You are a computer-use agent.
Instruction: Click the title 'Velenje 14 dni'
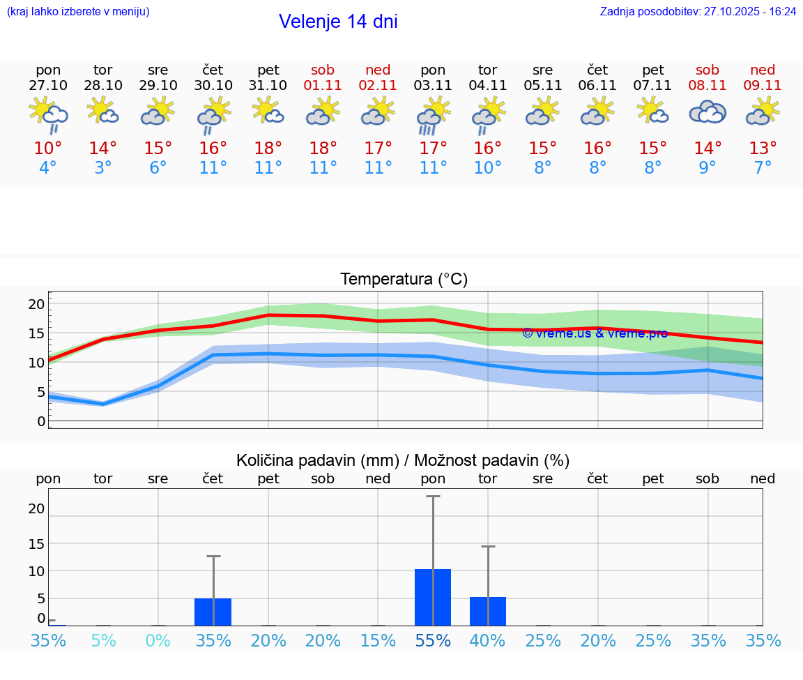click(338, 22)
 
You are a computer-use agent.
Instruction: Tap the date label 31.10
click(268, 85)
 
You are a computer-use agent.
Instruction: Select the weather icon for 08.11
click(708, 112)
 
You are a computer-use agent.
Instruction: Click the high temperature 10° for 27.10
click(48, 148)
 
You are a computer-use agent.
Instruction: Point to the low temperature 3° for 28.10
click(103, 167)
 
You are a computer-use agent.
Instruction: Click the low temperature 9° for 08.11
click(708, 167)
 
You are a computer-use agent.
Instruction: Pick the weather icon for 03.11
click(433, 114)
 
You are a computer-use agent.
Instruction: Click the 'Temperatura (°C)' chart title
click(404, 279)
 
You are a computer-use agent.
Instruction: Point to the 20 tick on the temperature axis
click(36, 304)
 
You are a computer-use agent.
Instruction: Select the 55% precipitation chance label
click(433, 640)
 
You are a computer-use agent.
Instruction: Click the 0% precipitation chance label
click(158, 640)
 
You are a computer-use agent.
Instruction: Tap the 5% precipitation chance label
click(103, 640)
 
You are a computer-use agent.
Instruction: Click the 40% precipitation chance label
click(488, 640)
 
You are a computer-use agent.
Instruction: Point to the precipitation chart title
click(403, 460)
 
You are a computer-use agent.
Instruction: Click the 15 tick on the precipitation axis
click(36, 543)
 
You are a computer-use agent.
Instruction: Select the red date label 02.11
click(378, 85)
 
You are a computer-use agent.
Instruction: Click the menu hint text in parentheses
click(77, 11)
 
